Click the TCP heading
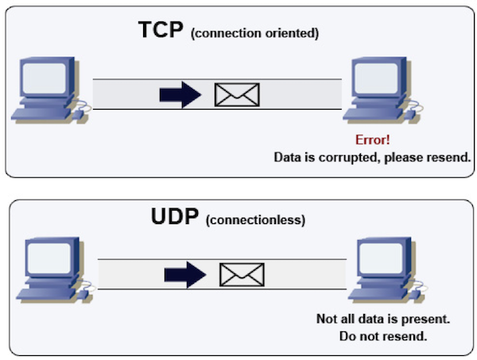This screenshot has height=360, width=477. pyautogui.click(x=161, y=31)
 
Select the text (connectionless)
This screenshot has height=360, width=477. pyautogui.click(x=255, y=219)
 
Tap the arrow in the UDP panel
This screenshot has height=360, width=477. pyautogui.click(x=184, y=274)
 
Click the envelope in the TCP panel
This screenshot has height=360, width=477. pyautogui.click(x=238, y=95)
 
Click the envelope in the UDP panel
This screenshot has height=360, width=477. pyautogui.click(x=242, y=274)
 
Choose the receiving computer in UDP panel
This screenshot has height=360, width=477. pyautogui.click(x=382, y=268)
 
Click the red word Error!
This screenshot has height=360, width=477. pyautogui.click(x=372, y=140)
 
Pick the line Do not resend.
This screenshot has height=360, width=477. pyautogui.click(x=383, y=336)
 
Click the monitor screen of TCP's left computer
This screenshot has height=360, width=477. pyautogui.click(x=43, y=79)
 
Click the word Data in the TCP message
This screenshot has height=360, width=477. pyautogui.click(x=288, y=157)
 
